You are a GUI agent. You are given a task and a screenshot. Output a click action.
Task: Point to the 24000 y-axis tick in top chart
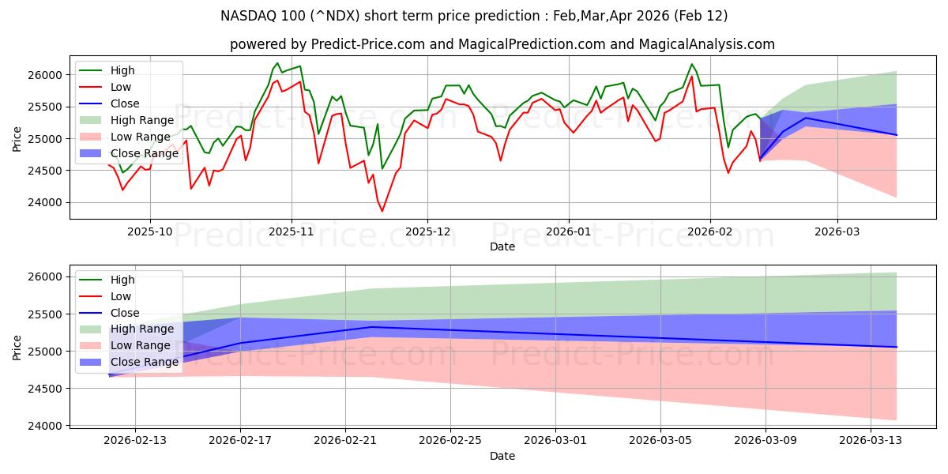point(46,202)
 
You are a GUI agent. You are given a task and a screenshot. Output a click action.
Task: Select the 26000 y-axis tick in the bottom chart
point(46,276)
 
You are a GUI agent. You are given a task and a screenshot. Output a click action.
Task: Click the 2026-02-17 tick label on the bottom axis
point(240,441)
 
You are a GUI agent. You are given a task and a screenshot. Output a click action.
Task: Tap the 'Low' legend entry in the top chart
point(121,87)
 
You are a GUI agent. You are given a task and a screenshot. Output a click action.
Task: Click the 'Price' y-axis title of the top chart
point(17,137)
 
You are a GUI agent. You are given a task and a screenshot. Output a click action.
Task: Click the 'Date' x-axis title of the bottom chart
point(502,456)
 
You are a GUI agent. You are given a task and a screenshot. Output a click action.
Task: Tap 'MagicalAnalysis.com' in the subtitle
point(710,44)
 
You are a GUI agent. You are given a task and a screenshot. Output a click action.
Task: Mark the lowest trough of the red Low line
point(382,211)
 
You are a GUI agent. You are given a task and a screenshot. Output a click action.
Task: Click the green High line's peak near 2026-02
point(692,64)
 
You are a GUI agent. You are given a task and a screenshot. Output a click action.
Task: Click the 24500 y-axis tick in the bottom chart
point(46,389)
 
